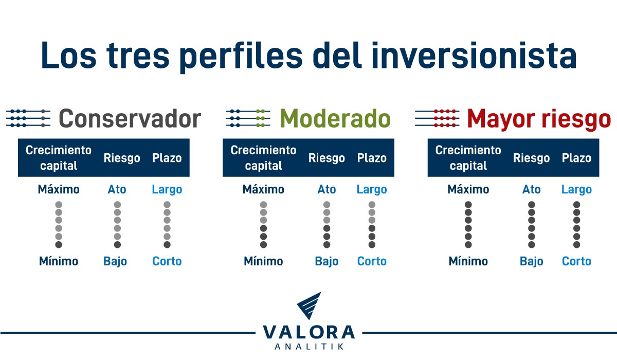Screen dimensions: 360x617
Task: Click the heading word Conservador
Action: [x=130, y=119]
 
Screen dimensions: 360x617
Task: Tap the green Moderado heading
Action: [x=335, y=119]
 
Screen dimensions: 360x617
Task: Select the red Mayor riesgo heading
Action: [x=539, y=119]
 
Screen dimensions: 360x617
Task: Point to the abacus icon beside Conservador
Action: [x=28, y=118]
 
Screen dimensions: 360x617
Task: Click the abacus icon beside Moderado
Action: [x=248, y=118]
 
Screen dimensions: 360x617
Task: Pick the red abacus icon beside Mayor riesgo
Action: [x=437, y=118]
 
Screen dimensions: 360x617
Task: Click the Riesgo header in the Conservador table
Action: [x=122, y=158]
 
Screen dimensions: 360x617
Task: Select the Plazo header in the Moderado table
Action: [x=372, y=158]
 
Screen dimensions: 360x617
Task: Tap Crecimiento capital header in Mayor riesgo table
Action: [x=468, y=158]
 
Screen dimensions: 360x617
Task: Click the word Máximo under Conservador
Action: [x=59, y=189]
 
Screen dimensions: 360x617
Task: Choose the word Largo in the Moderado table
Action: [x=372, y=189]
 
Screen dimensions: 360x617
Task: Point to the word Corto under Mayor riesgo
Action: [x=576, y=261]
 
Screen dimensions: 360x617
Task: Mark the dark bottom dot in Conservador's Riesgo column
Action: [x=117, y=244]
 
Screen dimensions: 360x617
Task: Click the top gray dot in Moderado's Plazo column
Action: [x=372, y=205]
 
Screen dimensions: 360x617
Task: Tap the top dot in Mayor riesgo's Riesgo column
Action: [x=531, y=205]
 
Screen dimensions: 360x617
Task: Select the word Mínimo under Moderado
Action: [x=263, y=261]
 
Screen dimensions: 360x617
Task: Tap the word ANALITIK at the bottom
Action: [x=308, y=347]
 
